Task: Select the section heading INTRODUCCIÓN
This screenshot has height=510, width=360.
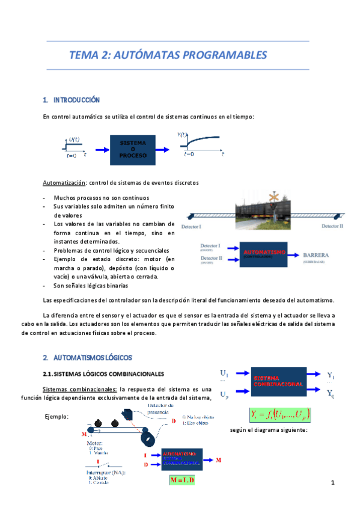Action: pos(76,100)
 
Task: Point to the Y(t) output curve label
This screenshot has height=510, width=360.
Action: pos(182,135)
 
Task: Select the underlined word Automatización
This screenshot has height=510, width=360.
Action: pos(65,182)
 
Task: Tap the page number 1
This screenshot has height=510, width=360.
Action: pos(331,483)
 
